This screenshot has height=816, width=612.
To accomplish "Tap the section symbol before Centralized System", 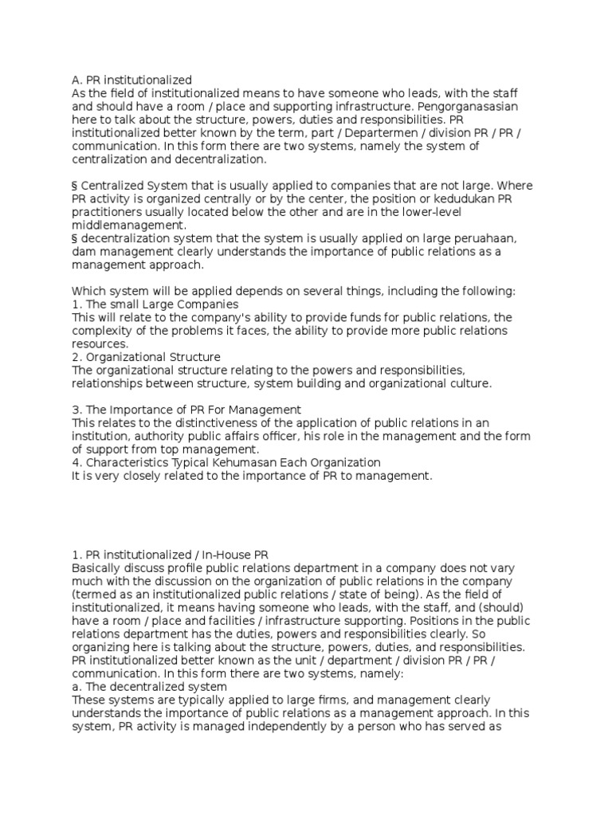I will pos(75,185).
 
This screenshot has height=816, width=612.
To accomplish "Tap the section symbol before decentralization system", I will pos(75,238).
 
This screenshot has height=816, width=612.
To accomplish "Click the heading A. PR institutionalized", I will pos(131,80).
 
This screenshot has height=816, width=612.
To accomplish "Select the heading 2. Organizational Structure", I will pos(146,357).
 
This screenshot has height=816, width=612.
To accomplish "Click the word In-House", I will pos(228,553).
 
